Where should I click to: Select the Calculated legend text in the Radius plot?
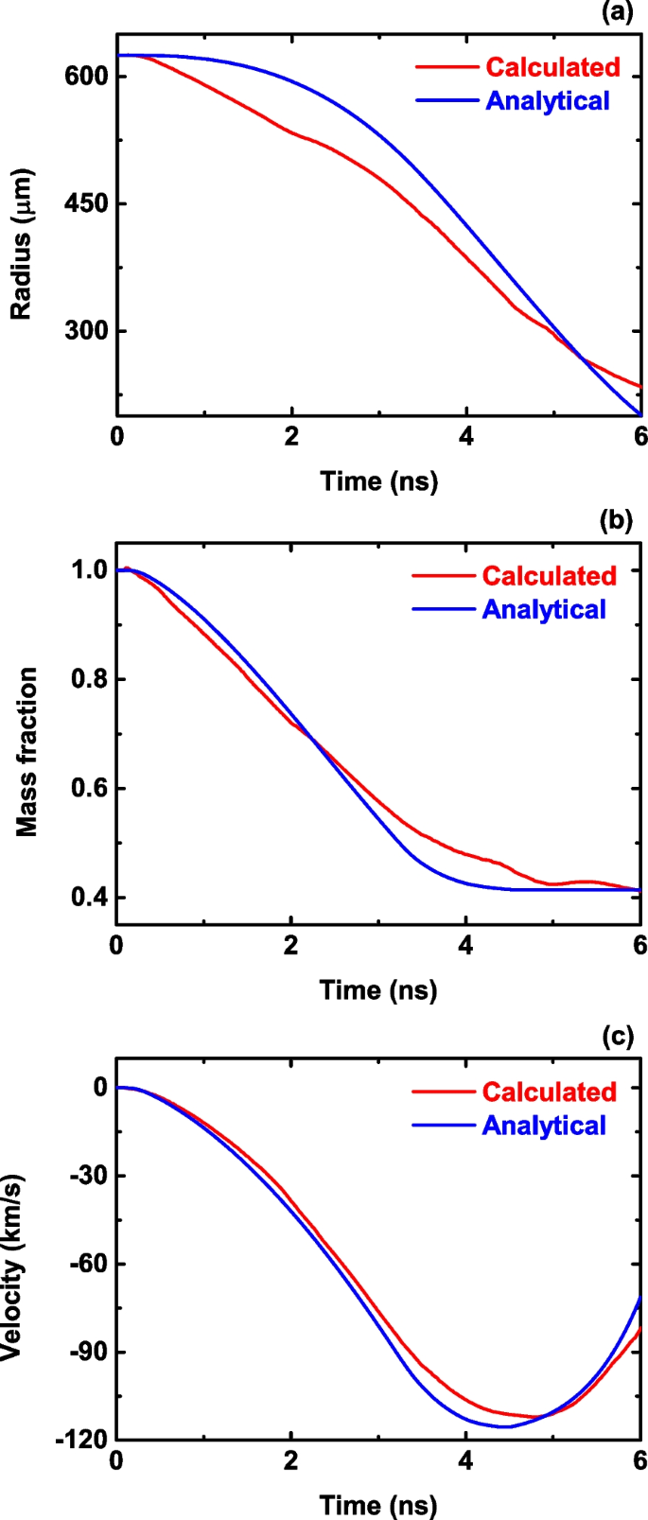tap(552, 67)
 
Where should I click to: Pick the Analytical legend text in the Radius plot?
tap(548, 101)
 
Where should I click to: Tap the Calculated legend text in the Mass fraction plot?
tap(549, 576)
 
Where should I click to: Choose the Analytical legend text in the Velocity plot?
tap(544, 1126)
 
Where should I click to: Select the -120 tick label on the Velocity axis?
tap(82, 1440)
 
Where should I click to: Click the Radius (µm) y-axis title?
tap(21, 244)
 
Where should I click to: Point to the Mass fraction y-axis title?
tap(27, 752)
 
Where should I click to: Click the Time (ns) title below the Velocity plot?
tap(378, 1504)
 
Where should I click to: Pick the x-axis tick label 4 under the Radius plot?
tap(465, 437)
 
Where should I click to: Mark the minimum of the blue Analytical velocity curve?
tap(505, 1426)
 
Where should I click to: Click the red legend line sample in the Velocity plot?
tap(443, 1092)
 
